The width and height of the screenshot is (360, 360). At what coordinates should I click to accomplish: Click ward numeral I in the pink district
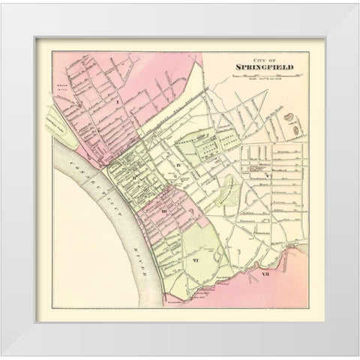click(118, 99)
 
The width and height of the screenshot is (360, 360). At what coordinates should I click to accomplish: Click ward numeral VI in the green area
click(195, 260)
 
